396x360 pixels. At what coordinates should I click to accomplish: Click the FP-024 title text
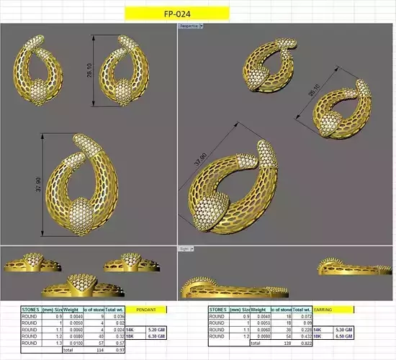(x=176, y=13)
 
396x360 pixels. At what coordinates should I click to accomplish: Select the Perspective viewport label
(x=190, y=25)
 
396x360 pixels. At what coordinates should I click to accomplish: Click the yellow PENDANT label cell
(x=146, y=309)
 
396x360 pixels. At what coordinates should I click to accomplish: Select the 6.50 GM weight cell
(x=345, y=336)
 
